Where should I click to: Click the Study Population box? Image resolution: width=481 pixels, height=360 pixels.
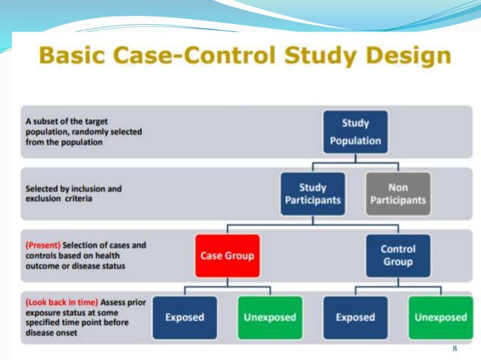pos(355,132)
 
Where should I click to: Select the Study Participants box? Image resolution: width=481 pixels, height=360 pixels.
pos(313,194)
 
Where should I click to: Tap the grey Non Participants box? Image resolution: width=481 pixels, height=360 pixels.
pos(398,194)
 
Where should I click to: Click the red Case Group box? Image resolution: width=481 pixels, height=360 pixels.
pos(227,255)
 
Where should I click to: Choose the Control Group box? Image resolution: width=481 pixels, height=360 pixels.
pos(397,255)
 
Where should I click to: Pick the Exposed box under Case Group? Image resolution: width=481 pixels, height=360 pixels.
pos(184,317)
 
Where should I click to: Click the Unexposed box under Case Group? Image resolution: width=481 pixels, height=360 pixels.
pos(270,317)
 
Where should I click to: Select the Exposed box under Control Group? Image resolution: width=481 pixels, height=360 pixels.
pos(355,317)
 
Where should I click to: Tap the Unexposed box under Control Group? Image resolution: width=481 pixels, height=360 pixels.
pos(440,317)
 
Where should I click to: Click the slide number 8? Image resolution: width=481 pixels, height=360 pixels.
pos(455,349)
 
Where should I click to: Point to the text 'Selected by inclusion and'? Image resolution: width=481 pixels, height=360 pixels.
pos(73,189)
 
